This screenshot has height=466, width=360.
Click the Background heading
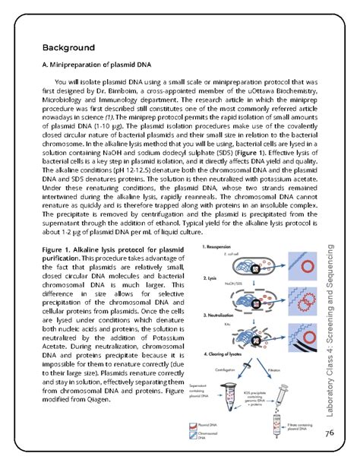(x=68, y=48)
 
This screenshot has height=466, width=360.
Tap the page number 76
(x=329, y=433)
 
